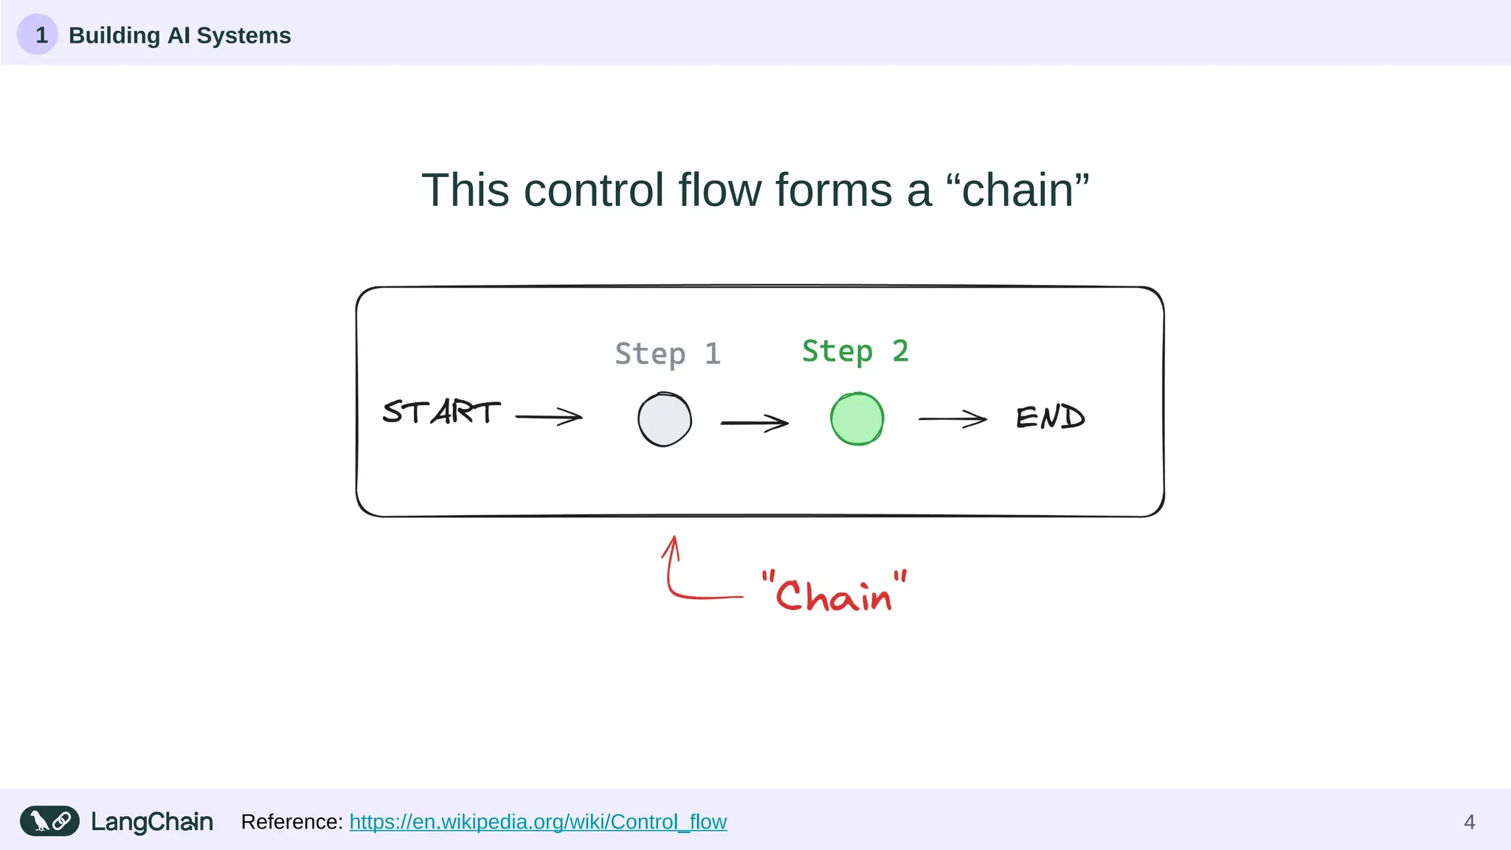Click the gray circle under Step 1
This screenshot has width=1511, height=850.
click(x=664, y=420)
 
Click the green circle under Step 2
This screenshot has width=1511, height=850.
click(x=857, y=419)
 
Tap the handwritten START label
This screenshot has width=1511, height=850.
click(x=441, y=412)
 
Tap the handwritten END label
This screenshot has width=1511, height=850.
click(x=1050, y=418)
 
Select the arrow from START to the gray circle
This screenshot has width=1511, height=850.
click(x=549, y=417)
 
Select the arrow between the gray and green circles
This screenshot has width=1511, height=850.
click(x=754, y=423)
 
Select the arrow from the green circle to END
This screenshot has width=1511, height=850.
click(x=952, y=419)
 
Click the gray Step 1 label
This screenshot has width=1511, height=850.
click(x=667, y=354)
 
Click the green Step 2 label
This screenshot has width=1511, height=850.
click(x=855, y=351)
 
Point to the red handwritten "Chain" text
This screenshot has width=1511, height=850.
click(x=834, y=592)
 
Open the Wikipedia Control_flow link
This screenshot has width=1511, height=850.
click(x=538, y=821)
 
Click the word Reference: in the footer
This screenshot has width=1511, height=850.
click(x=291, y=821)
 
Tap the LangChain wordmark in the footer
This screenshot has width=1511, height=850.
click(x=152, y=821)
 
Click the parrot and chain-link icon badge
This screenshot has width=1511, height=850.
click(x=49, y=820)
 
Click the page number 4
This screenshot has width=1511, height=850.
click(x=1469, y=822)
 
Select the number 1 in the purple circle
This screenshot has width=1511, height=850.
click(x=41, y=35)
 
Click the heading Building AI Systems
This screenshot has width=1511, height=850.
click(x=179, y=35)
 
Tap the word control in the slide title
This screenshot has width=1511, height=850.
click(x=593, y=190)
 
